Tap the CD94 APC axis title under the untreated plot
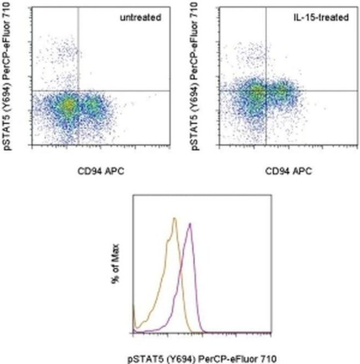point(101,171)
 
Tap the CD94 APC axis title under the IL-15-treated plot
point(289,171)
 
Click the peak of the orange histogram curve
point(174,218)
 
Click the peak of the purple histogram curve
point(190,224)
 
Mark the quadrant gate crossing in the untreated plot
point(78,90)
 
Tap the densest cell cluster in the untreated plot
point(67,105)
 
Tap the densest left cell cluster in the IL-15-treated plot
point(256,94)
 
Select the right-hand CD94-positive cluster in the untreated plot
point(94,104)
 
